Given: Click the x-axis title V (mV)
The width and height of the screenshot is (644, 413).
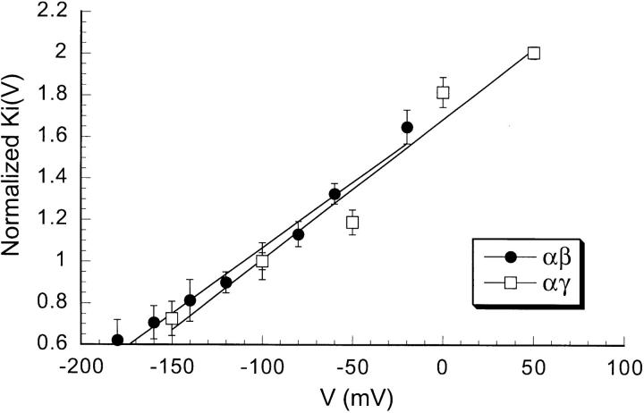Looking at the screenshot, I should click(352, 393).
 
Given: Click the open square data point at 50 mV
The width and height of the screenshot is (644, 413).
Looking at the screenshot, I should click(534, 53).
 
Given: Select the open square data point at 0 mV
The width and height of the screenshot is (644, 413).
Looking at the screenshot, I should click(443, 92).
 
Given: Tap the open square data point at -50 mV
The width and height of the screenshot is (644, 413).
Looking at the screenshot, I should click(352, 222).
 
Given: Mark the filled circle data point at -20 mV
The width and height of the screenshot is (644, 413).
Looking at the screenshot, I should click(407, 127).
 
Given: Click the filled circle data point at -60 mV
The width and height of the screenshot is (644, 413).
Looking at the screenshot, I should click(335, 194).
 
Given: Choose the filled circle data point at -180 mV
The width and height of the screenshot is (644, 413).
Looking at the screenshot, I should click(117, 340).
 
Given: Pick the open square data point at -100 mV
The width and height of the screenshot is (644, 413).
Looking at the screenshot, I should click(262, 261).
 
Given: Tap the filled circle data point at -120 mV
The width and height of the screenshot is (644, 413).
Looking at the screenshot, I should click(226, 282).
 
